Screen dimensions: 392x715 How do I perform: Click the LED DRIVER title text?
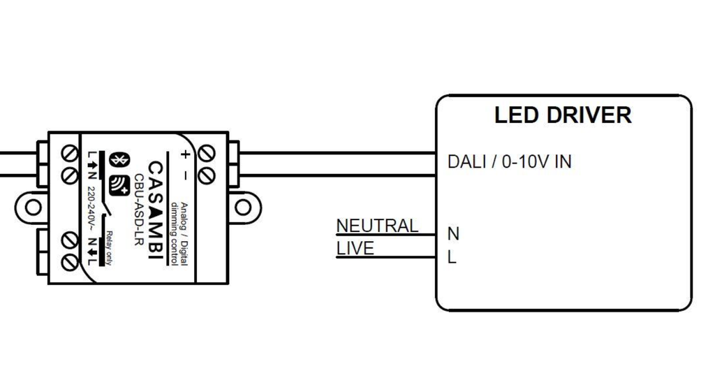[x=563, y=115]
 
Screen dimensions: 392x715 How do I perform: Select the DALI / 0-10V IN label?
[x=509, y=162]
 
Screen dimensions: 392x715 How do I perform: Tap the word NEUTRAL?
[x=377, y=226]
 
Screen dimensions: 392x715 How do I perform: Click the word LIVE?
[x=355, y=249]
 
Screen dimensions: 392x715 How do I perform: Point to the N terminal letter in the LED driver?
[x=453, y=233]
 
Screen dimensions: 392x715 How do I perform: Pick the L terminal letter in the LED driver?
[x=452, y=257]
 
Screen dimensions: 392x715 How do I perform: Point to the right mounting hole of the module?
[x=242, y=207]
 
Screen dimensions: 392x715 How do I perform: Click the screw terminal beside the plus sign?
[x=207, y=152]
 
